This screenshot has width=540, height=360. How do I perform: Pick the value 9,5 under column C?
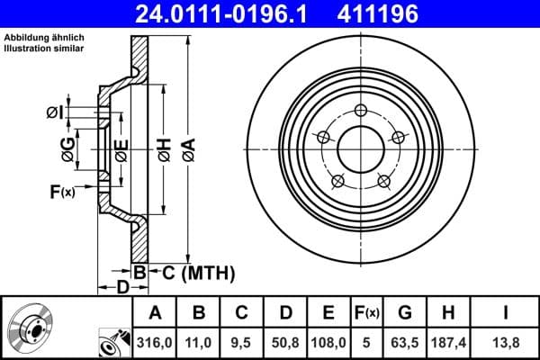coord(241,343)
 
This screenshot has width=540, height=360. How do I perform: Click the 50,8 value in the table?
coord(285,343)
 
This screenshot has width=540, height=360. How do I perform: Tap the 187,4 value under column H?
coord(447,343)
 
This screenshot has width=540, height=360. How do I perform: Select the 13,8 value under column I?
coord(507,343)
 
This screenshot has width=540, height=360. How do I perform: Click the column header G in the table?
coord(405,313)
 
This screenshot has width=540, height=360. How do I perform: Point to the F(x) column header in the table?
coord(368,313)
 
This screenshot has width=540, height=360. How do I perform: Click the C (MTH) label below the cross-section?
coord(193,272)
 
